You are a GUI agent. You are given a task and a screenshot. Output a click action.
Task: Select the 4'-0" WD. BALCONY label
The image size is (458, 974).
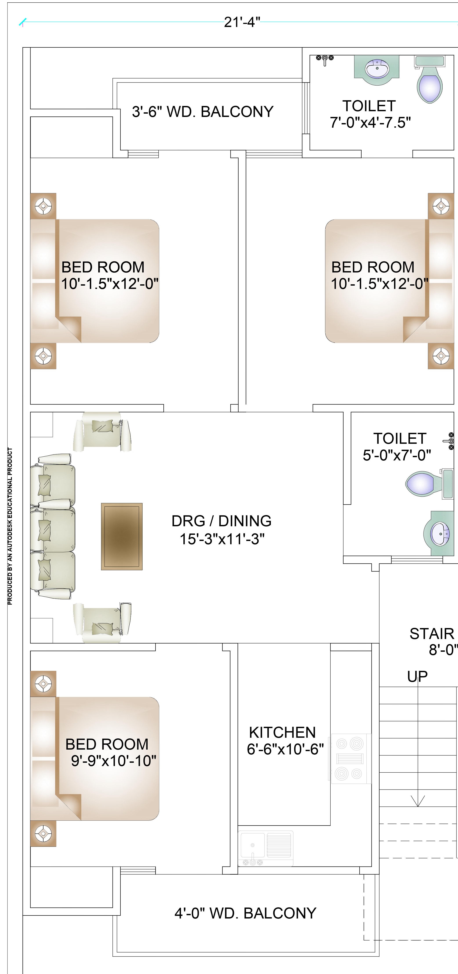(x=245, y=913)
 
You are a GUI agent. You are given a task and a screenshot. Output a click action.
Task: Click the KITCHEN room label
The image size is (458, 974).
(x=282, y=732)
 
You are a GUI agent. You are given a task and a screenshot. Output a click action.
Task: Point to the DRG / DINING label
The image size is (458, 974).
(x=221, y=521)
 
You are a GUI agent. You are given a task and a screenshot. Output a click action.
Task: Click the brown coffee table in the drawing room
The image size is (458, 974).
(x=121, y=536)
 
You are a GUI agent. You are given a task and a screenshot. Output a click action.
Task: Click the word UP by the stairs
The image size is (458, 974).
(x=418, y=677)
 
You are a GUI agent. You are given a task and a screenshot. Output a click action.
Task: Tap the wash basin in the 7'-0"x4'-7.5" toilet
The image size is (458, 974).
(x=377, y=70)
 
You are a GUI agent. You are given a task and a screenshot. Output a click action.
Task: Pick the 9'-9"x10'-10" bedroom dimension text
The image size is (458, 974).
(x=114, y=761)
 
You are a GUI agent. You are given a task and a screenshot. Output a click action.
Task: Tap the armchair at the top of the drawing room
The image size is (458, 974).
(x=102, y=431)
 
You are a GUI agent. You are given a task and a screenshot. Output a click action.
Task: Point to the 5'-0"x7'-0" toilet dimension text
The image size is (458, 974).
(x=397, y=455)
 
